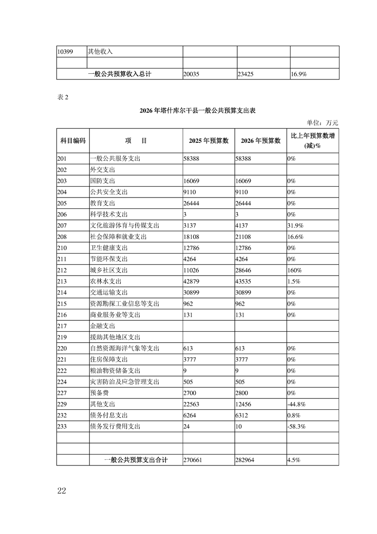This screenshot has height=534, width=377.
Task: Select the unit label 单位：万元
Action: click(323, 123)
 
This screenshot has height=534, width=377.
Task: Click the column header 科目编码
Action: click(73, 141)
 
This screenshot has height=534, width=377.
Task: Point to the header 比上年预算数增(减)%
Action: click(313, 141)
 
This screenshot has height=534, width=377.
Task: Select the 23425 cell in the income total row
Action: click(248, 74)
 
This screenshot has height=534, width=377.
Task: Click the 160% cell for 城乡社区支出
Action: click(293, 270)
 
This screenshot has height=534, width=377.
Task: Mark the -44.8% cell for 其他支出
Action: click(296, 405)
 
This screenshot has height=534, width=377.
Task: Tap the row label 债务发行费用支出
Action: click(115, 426)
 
